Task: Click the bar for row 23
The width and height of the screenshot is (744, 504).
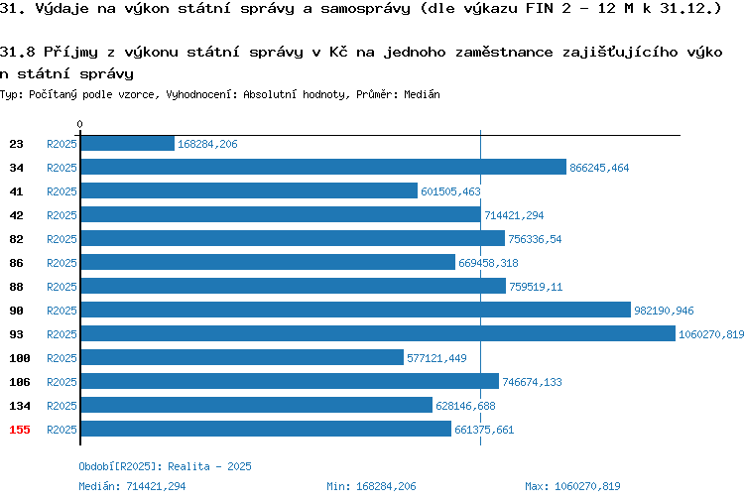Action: pyautogui.click(x=128, y=143)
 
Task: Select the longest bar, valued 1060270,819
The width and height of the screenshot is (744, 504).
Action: pyautogui.click(x=378, y=333)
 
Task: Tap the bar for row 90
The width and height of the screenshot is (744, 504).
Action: pyautogui.click(x=356, y=310)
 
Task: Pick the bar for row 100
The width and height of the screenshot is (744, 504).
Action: pyautogui.click(x=242, y=357)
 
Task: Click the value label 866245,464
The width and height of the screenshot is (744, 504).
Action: pyautogui.click(x=599, y=168)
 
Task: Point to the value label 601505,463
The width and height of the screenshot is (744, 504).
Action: pyautogui.click(x=450, y=191)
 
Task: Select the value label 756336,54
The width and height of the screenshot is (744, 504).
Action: pyautogui.click(x=535, y=239)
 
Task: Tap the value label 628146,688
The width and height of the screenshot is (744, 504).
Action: pyautogui.click(x=465, y=406)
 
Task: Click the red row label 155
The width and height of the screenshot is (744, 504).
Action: pyautogui.click(x=20, y=430)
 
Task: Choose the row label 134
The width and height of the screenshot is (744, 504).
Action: pyautogui.click(x=20, y=406)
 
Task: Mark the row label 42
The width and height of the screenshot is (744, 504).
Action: pyautogui.click(x=16, y=215)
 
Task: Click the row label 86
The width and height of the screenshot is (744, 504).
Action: pyautogui.click(x=16, y=263)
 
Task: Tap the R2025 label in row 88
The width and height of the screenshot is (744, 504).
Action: pyautogui.click(x=62, y=287)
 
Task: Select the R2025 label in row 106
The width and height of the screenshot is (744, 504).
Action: pyautogui.click(x=62, y=382)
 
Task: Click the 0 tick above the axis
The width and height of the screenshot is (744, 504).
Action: pyautogui.click(x=79, y=124)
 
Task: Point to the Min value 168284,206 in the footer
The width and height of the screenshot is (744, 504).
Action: pyautogui.click(x=386, y=486)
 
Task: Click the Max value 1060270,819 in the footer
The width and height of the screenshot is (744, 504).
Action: pyautogui.click(x=587, y=486)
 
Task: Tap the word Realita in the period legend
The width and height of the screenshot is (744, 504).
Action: pyautogui.click(x=188, y=466)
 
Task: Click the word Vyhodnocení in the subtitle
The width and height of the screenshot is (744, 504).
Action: pyautogui.click(x=201, y=94)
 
